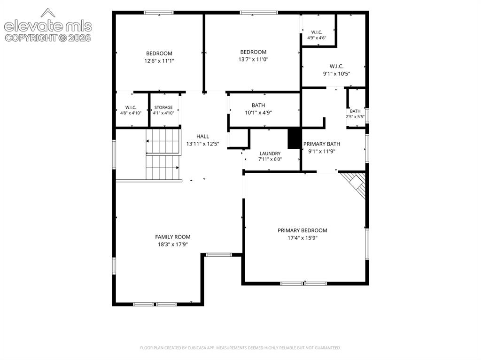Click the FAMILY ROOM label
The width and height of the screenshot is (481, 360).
[x=173, y=237]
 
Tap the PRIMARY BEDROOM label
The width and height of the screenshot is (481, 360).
[x=302, y=230]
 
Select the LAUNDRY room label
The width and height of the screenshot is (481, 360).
[x=270, y=153]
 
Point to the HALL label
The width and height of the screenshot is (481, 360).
[x=202, y=136]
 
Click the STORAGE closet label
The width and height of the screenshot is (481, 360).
[x=163, y=107]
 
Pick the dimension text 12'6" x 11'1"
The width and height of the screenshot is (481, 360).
[x=159, y=61]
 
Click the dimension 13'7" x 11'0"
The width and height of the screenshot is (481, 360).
[x=253, y=60]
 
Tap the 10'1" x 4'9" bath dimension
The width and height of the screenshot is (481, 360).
[x=258, y=113]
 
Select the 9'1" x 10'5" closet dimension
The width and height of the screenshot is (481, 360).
[x=336, y=74]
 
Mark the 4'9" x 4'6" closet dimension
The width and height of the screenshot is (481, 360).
[x=317, y=38]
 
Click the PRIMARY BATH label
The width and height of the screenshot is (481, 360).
[x=321, y=144]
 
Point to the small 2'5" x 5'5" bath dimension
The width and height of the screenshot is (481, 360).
[x=355, y=116]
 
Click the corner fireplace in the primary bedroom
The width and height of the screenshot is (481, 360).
[x=355, y=184]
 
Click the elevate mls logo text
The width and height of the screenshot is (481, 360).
[x=48, y=26]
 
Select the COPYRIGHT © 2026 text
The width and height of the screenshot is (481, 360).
[x=48, y=38]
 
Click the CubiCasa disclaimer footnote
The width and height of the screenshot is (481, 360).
[x=240, y=348]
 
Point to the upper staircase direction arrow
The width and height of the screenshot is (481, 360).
[x=162, y=141]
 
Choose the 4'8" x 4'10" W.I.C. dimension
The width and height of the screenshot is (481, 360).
[x=131, y=113]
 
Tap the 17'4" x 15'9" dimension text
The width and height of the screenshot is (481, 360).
[x=302, y=238]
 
